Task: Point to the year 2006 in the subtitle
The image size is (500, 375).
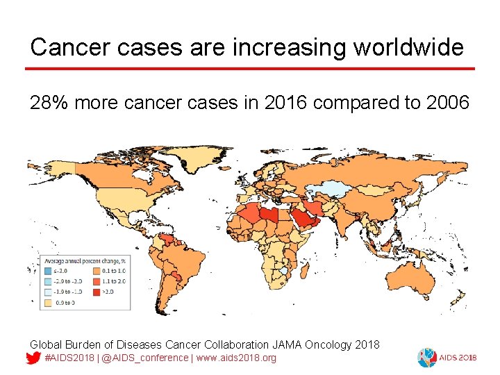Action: pyautogui.click(x=449, y=103)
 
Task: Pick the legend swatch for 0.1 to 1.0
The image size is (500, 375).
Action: pyautogui.click(x=96, y=271)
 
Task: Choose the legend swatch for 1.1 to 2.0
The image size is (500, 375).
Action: pyautogui.click(x=96, y=281)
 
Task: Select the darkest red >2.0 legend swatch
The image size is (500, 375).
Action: pyautogui.click(x=96, y=292)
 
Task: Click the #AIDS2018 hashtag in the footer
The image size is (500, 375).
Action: pyautogui.click(x=70, y=358)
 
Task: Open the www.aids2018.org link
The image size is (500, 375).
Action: pyautogui.click(x=235, y=358)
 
